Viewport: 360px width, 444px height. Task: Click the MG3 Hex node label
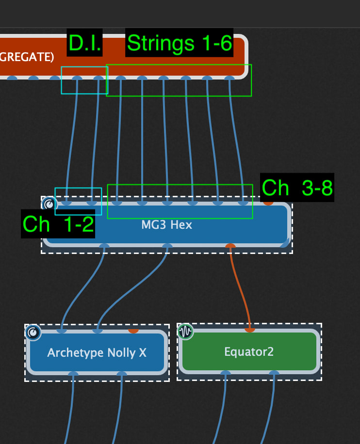166,225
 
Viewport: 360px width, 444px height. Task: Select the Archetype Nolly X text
97,352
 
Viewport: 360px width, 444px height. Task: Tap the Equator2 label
249,351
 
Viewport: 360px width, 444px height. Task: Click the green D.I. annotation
85,43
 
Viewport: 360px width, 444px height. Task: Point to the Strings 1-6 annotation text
179,43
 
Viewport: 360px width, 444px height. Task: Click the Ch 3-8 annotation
297,188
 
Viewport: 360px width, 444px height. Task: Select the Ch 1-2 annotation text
58,224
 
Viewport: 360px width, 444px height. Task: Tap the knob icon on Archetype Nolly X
33,333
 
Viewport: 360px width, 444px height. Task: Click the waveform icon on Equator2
185,332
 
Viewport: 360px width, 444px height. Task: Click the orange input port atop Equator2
249,330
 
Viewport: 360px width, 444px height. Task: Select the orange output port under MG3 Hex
230,246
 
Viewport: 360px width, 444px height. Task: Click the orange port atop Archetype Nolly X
133,331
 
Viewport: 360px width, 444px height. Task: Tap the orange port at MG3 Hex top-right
268,203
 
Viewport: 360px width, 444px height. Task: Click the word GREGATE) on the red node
27,57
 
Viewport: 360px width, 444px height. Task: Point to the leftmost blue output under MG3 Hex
104,246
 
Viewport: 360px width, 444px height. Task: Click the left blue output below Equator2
226,373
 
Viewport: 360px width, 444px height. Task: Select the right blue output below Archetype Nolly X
122,373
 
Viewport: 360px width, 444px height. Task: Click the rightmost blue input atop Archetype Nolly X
98,331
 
